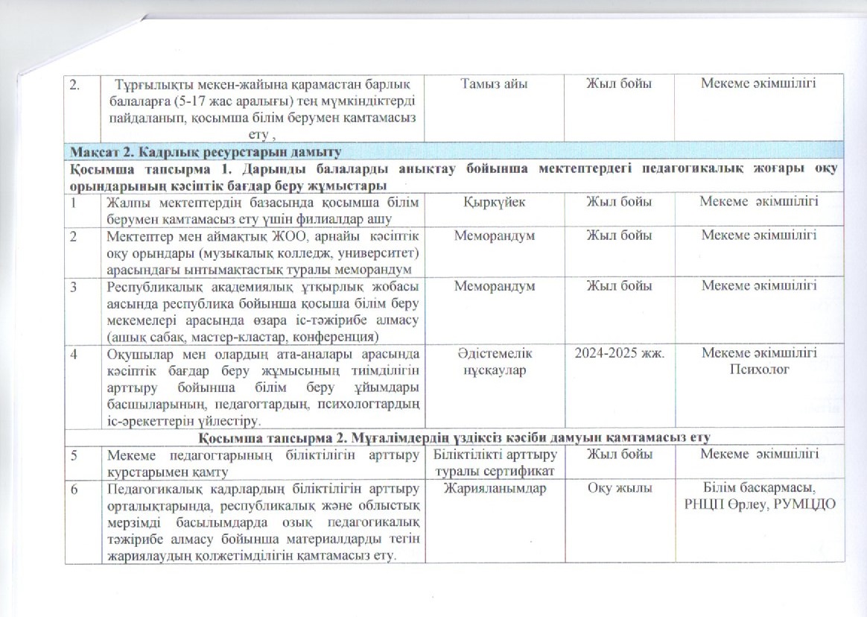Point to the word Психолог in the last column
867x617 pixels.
click(758, 368)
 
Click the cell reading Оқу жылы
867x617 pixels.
click(620, 489)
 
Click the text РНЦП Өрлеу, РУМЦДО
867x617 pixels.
click(758, 504)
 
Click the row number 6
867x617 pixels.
click(75, 489)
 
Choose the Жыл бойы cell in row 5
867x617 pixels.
click(620, 453)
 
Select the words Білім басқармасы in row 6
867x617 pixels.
click(758, 489)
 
